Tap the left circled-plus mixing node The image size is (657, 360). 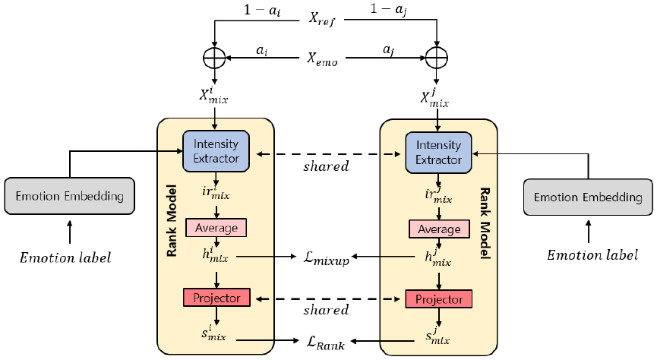[215, 57]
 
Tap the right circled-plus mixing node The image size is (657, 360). [437, 58]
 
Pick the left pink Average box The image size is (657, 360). [216, 227]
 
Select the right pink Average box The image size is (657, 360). [439, 229]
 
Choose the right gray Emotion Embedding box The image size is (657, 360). [588, 197]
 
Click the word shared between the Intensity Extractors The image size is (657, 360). [327, 166]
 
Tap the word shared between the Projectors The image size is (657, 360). [327, 310]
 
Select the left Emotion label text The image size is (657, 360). [65, 257]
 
